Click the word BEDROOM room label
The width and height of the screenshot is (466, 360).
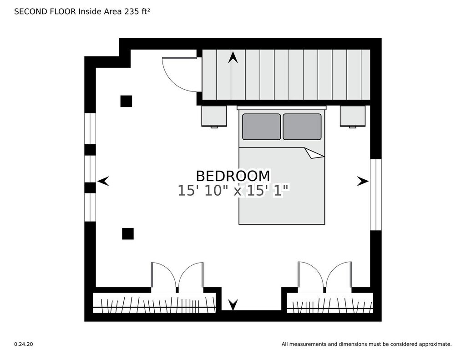[233, 176]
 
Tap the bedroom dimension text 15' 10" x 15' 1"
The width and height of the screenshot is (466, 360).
[233, 191]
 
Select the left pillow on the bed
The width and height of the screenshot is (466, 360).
[262, 127]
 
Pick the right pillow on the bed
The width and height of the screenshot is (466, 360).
[302, 127]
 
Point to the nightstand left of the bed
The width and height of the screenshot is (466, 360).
[214, 117]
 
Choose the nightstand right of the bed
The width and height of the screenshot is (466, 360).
[353, 117]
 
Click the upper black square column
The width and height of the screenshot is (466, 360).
[126, 101]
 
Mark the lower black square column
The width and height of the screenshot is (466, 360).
[128, 233]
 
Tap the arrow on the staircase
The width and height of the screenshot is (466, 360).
[233, 57]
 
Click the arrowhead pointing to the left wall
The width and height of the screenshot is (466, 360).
[103, 181]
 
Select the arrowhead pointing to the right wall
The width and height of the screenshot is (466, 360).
[363, 181]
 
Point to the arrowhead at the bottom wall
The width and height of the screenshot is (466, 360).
[233, 304]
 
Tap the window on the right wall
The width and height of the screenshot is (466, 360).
[375, 195]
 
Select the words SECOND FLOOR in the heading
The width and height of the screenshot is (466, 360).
[45, 11]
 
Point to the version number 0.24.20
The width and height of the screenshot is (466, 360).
[24, 344]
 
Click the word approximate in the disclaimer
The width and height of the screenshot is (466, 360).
[435, 344]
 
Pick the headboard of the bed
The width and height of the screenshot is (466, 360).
[282, 107]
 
